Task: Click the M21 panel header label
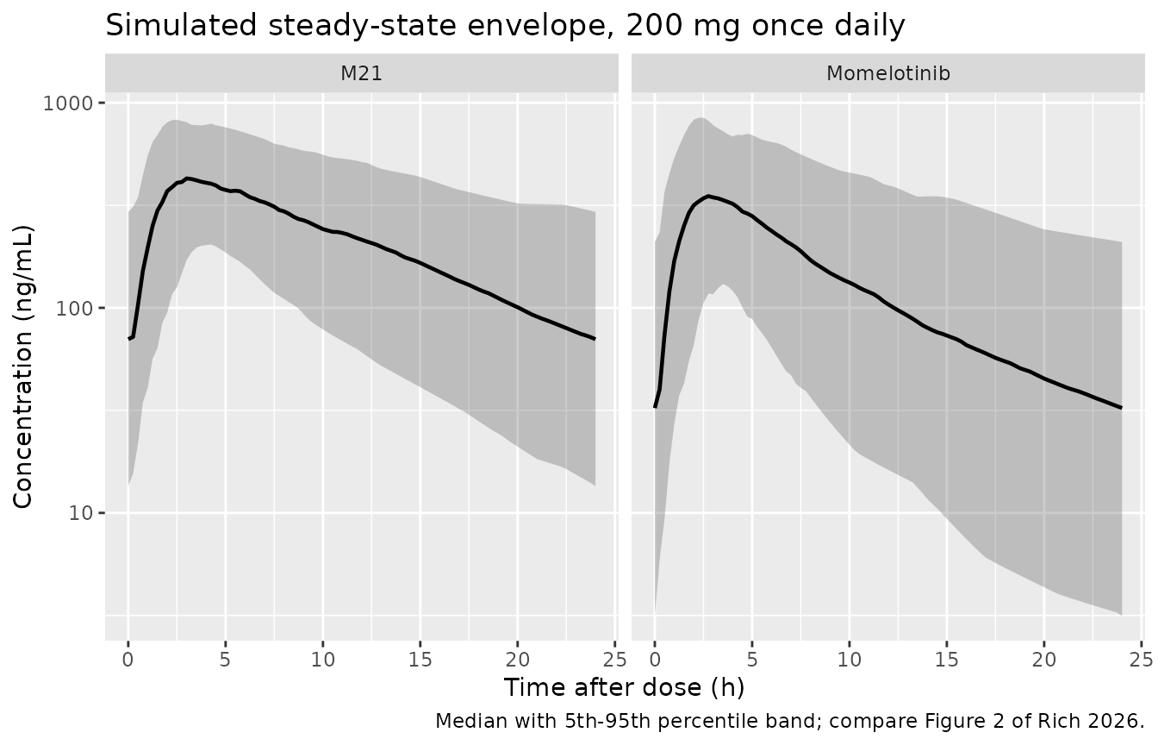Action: (361, 73)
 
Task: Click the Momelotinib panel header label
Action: (888, 73)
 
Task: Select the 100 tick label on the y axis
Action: (73, 309)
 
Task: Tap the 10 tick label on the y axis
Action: (79, 513)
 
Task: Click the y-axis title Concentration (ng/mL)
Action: (22, 366)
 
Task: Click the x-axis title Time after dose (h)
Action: (625, 687)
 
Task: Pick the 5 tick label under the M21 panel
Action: (225, 660)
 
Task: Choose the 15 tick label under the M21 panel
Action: (420, 660)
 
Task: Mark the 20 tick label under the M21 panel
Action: (518, 660)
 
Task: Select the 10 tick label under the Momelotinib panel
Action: (849, 660)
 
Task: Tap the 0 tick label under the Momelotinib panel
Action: (655, 660)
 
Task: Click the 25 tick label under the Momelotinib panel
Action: (1141, 660)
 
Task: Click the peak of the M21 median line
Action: (187, 178)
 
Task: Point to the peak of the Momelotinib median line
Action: (708, 196)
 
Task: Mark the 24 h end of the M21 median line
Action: (595, 338)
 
